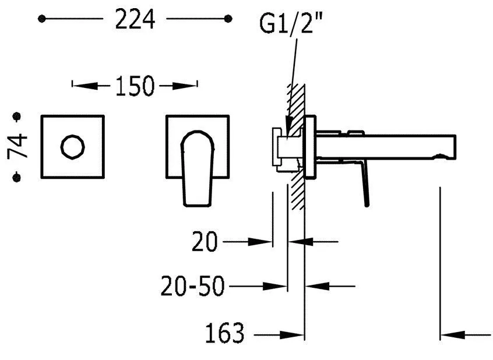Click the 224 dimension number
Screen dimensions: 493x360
pos(135,19)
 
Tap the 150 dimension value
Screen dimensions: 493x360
pos(135,86)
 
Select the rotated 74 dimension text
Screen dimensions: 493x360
pos(17,146)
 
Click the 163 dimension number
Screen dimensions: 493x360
pos(224,333)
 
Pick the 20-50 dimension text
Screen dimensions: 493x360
pos(192,286)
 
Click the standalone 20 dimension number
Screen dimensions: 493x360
pos(205,242)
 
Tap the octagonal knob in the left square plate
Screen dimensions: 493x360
pos(73,147)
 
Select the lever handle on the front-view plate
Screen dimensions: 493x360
pos(197,168)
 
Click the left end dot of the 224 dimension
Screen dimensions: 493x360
pos(41,19)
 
